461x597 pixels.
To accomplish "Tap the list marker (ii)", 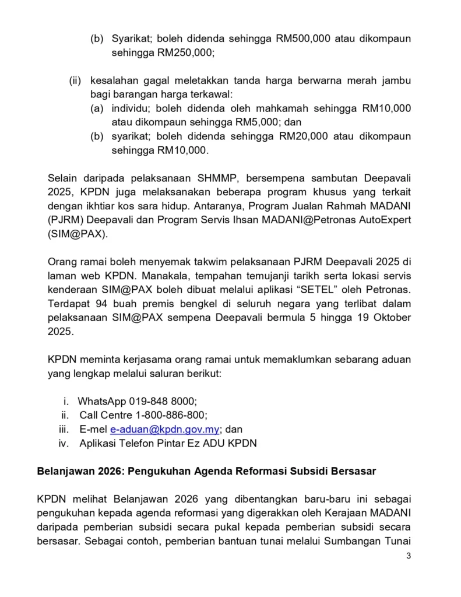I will click(x=75, y=80).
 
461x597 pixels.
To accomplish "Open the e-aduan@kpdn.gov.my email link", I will click(x=164, y=429).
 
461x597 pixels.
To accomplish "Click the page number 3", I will click(x=409, y=556).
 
